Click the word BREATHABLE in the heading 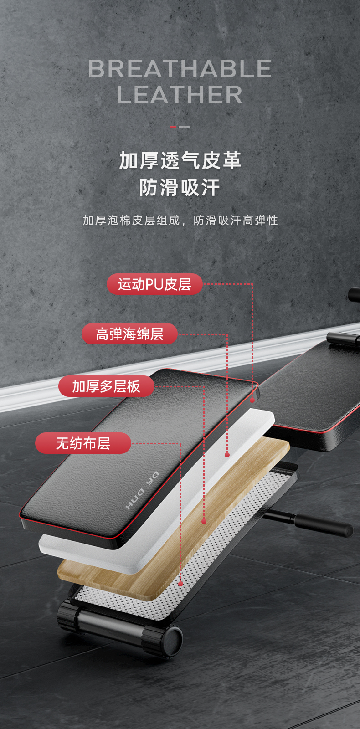180,69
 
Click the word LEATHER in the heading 180,95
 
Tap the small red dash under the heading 173,127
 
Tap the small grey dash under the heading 185,127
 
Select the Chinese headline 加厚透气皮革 180,160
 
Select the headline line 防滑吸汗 180,187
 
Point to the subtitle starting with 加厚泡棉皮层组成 180,221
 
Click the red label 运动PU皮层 154,284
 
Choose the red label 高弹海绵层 129,334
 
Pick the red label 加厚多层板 106,386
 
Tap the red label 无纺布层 83,443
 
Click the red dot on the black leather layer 252,400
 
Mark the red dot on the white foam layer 227,455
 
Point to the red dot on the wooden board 204,521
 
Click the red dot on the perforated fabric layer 181,584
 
